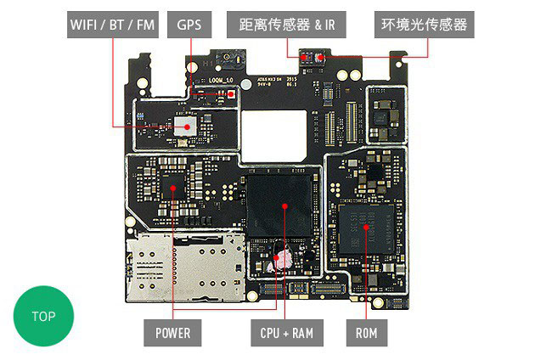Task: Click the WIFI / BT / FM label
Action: [x=112, y=25]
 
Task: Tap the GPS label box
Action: [x=189, y=25]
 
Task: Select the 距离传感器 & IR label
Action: [x=282, y=25]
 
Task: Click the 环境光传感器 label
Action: [x=424, y=25]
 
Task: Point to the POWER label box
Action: [x=172, y=333]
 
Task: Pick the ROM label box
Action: [x=367, y=333]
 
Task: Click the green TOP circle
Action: [x=43, y=316]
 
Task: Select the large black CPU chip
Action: [x=282, y=206]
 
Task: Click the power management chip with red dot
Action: [x=172, y=185]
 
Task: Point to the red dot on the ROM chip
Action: [x=367, y=226]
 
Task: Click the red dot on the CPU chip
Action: [x=285, y=206]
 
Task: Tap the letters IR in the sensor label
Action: [x=329, y=25]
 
